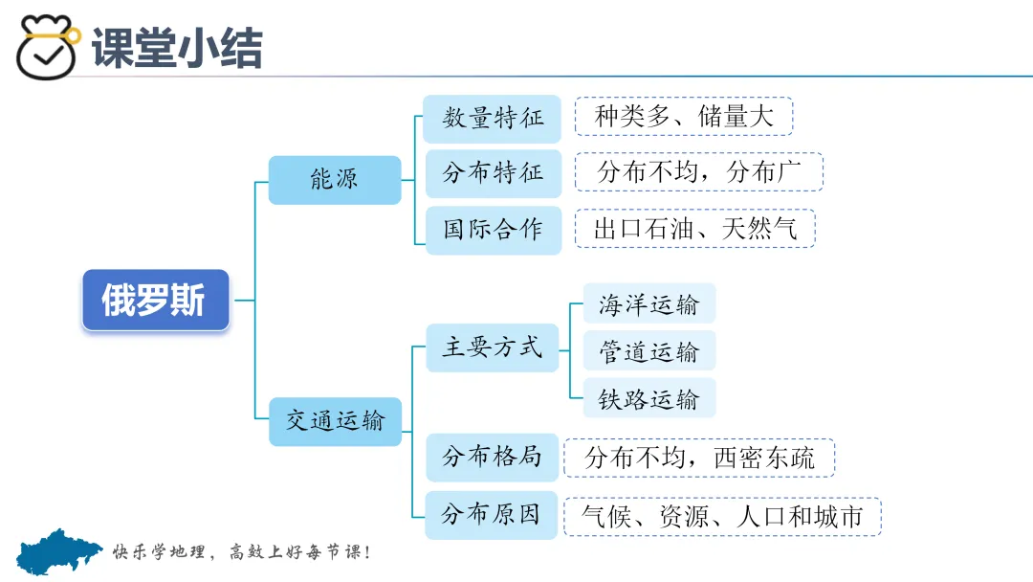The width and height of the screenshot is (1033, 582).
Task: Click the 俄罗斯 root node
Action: coord(155,301)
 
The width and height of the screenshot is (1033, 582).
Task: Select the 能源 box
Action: coord(334,179)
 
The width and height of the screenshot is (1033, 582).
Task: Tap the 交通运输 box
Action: coord(334,420)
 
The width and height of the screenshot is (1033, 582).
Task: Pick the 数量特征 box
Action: coord(493,118)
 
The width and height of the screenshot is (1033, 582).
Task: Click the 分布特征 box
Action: coord(493,173)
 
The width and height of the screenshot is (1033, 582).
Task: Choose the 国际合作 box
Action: coord(493,230)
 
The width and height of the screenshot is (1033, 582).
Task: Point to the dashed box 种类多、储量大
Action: coord(684,117)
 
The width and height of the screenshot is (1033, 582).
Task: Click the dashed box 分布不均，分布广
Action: coord(698,172)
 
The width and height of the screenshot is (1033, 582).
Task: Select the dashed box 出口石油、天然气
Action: coord(694,229)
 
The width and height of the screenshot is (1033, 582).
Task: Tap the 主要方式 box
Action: coord(492,347)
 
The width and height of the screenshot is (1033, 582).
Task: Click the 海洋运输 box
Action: coord(648,304)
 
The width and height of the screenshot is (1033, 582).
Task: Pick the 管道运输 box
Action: coord(648,351)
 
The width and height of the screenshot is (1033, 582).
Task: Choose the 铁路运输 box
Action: coord(648,399)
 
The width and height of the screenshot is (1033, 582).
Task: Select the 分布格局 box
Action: coord(492,457)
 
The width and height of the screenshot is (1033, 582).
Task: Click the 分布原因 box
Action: coord(492,514)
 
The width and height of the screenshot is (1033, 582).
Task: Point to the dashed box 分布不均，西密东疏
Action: coord(699,458)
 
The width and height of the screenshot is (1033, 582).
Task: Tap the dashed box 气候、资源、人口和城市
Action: coord(722,517)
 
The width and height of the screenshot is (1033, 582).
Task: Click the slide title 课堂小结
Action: coord(177,48)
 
